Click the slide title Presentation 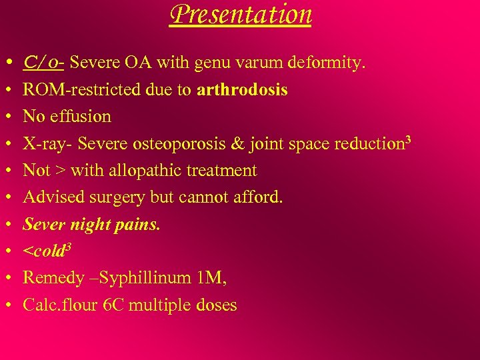tap(240, 14)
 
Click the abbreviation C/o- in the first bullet tap(43, 63)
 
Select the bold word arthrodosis tap(243, 89)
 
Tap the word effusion tap(82, 116)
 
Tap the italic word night tap(86, 225)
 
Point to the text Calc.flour tap(61, 305)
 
